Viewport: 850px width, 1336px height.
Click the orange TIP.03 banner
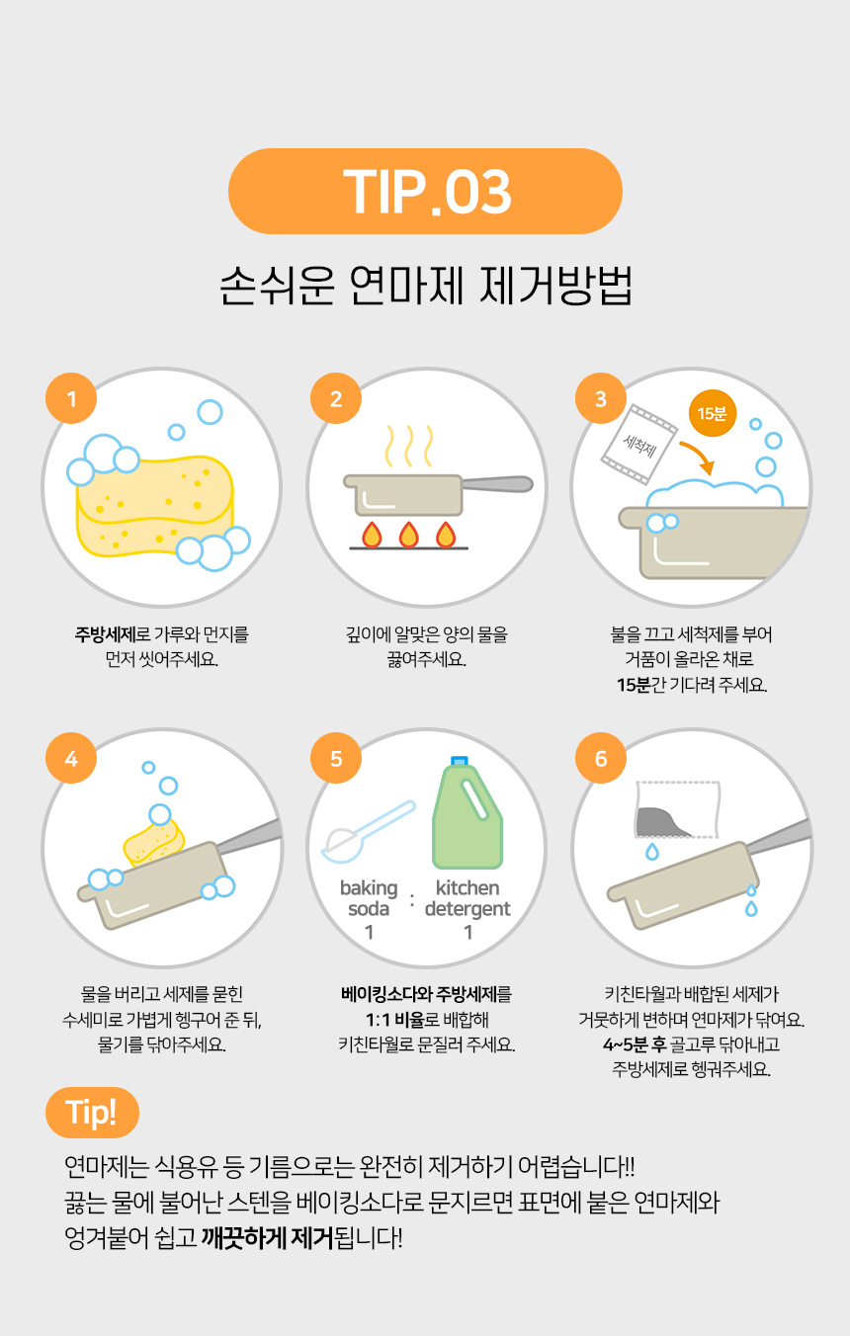click(x=425, y=191)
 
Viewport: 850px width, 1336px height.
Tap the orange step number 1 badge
click(x=71, y=398)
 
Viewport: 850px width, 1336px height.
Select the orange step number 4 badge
click(x=71, y=758)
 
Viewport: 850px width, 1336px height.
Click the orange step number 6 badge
click(x=601, y=758)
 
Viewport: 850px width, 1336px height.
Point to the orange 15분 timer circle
click(x=713, y=413)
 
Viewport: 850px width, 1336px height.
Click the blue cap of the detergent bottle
click(x=460, y=761)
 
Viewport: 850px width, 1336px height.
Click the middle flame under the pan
click(x=408, y=535)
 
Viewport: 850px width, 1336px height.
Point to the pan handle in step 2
click(x=497, y=483)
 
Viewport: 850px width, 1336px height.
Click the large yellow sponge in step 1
click(x=154, y=506)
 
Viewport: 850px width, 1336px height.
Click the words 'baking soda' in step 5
click(x=369, y=898)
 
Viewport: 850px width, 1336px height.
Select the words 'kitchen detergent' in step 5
click(x=467, y=898)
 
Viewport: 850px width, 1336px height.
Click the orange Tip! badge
click(x=92, y=1113)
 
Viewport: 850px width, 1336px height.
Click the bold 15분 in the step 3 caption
click(x=634, y=685)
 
